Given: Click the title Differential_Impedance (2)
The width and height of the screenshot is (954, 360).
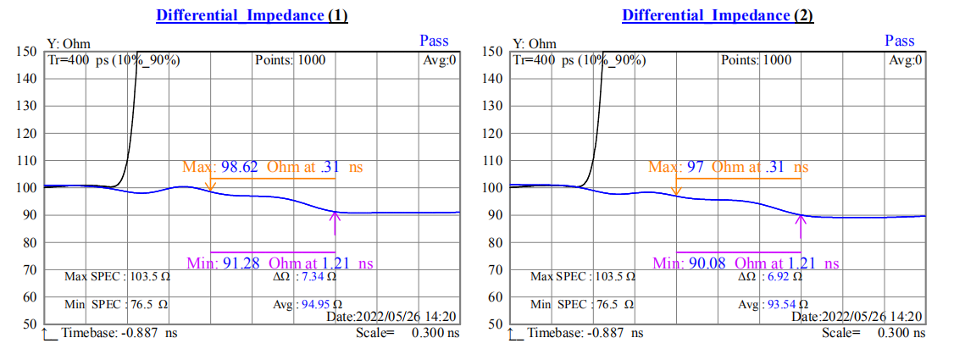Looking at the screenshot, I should (718, 15).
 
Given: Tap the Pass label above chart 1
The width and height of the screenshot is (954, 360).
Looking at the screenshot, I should (434, 41).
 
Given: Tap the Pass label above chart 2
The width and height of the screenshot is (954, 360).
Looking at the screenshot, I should (900, 41).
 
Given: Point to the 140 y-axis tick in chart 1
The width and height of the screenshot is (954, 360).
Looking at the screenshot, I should (27, 79).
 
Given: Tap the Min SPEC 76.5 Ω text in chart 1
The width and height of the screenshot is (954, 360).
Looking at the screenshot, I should (116, 304).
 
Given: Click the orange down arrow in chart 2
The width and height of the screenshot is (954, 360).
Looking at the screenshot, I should (676, 186).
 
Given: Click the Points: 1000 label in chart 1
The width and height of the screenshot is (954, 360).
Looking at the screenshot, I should (290, 60).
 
